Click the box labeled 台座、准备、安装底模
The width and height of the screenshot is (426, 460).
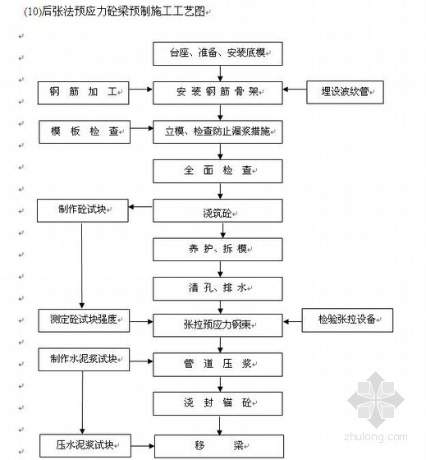(x=218, y=53)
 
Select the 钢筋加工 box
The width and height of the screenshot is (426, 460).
(x=83, y=93)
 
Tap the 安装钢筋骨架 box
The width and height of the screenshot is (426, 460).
(x=218, y=93)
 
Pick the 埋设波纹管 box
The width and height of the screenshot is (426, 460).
(x=345, y=92)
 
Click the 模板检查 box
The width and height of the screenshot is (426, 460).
(x=85, y=131)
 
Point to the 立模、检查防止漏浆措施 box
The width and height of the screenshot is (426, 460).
(x=218, y=131)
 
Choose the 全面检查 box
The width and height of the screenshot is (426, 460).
(x=218, y=171)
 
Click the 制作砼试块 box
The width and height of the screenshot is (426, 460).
(x=83, y=210)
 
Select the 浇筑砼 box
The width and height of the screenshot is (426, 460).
(x=218, y=210)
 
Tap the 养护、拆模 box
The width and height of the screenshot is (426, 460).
(x=218, y=250)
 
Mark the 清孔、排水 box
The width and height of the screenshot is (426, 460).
(x=218, y=288)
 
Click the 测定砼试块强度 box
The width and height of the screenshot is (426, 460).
(x=84, y=320)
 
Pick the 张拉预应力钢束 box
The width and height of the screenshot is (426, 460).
(x=218, y=325)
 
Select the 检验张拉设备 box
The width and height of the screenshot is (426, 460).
(x=347, y=320)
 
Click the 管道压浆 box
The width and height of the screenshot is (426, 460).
(x=218, y=365)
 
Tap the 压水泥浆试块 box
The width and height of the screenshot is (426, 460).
(x=85, y=445)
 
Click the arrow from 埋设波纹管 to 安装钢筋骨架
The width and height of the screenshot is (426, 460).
(x=295, y=90)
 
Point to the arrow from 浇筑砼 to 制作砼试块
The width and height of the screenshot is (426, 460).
(x=140, y=207)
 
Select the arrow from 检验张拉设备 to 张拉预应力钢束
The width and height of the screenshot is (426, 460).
(x=292, y=322)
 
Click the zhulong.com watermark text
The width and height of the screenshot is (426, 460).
(x=376, y=437)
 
